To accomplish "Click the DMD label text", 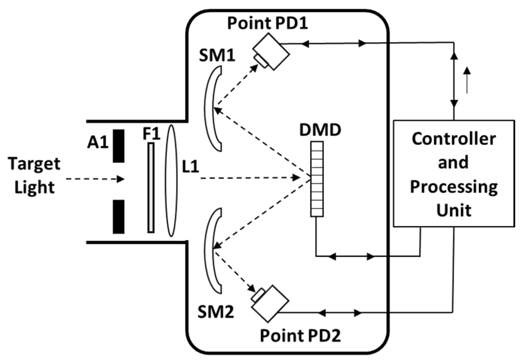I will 320,130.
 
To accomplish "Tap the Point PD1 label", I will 267,23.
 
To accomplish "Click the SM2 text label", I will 216,312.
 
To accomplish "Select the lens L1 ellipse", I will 171,180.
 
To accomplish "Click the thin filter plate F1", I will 151,188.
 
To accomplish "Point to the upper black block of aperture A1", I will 118,146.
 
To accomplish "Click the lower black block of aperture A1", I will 118,216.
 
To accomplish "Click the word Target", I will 34,164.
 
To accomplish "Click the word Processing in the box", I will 453,187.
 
